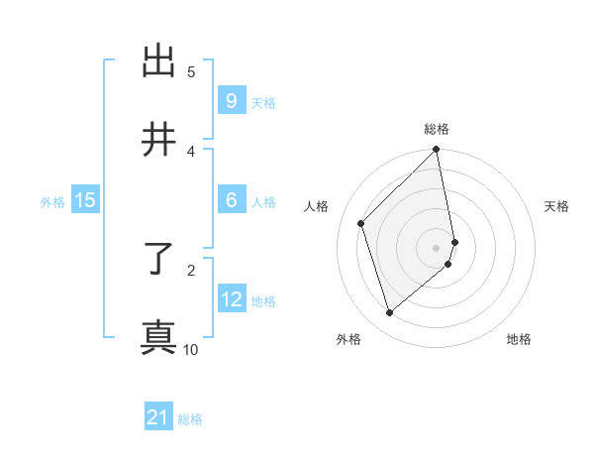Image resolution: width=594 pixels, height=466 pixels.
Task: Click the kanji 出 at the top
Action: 159,61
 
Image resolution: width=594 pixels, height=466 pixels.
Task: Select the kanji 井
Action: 159,140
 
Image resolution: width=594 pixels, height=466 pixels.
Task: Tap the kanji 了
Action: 159,260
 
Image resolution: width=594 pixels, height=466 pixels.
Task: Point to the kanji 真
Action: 159,337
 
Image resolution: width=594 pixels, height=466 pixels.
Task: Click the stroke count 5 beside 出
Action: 191,71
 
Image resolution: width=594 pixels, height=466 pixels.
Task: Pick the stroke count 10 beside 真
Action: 191,349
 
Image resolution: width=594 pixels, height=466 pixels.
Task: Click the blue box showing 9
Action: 231,101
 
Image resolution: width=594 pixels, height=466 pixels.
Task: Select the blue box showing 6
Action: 231,200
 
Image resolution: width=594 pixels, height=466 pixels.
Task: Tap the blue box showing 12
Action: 231,299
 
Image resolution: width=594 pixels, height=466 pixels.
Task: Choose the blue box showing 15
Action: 85,200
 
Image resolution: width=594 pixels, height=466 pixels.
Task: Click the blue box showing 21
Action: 158,417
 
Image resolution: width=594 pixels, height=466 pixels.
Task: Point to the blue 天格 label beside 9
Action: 263,103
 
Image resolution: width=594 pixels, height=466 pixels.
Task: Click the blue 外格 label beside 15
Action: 52,202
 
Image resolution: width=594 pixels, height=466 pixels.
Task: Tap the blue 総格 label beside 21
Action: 190,419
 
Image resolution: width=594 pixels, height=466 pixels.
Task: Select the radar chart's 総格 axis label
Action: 437,130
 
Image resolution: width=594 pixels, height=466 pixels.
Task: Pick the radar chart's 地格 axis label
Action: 519,339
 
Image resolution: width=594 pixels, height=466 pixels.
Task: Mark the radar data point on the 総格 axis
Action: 437,151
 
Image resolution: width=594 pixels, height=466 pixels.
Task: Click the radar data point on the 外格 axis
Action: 389,313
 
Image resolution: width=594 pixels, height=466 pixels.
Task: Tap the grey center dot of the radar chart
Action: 437,247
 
